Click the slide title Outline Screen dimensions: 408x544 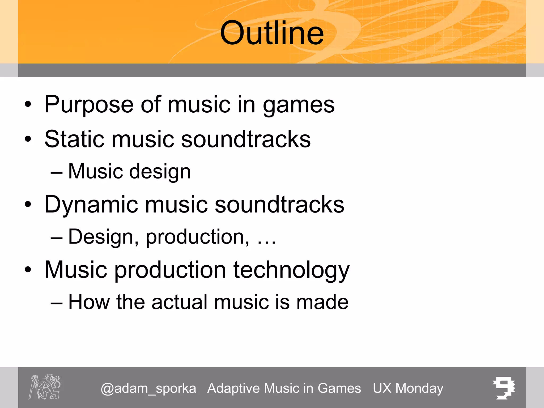click(x=272, y=33)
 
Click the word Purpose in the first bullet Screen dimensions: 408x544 click(x=89, y=105)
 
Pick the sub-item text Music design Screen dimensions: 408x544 click(x=129, y=172)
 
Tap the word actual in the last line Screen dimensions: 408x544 click(x=180, y=302)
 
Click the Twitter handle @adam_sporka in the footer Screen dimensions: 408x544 click(x=148, y=389)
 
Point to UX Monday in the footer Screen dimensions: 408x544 click(x=408, y=389)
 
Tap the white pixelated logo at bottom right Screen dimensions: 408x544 click(x=504, y=388)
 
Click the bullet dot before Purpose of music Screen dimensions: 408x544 click(x=28, y=105)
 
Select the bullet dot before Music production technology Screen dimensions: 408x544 click(x=28, y=270)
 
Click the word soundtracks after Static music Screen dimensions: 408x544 click(x=246, y=139)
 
